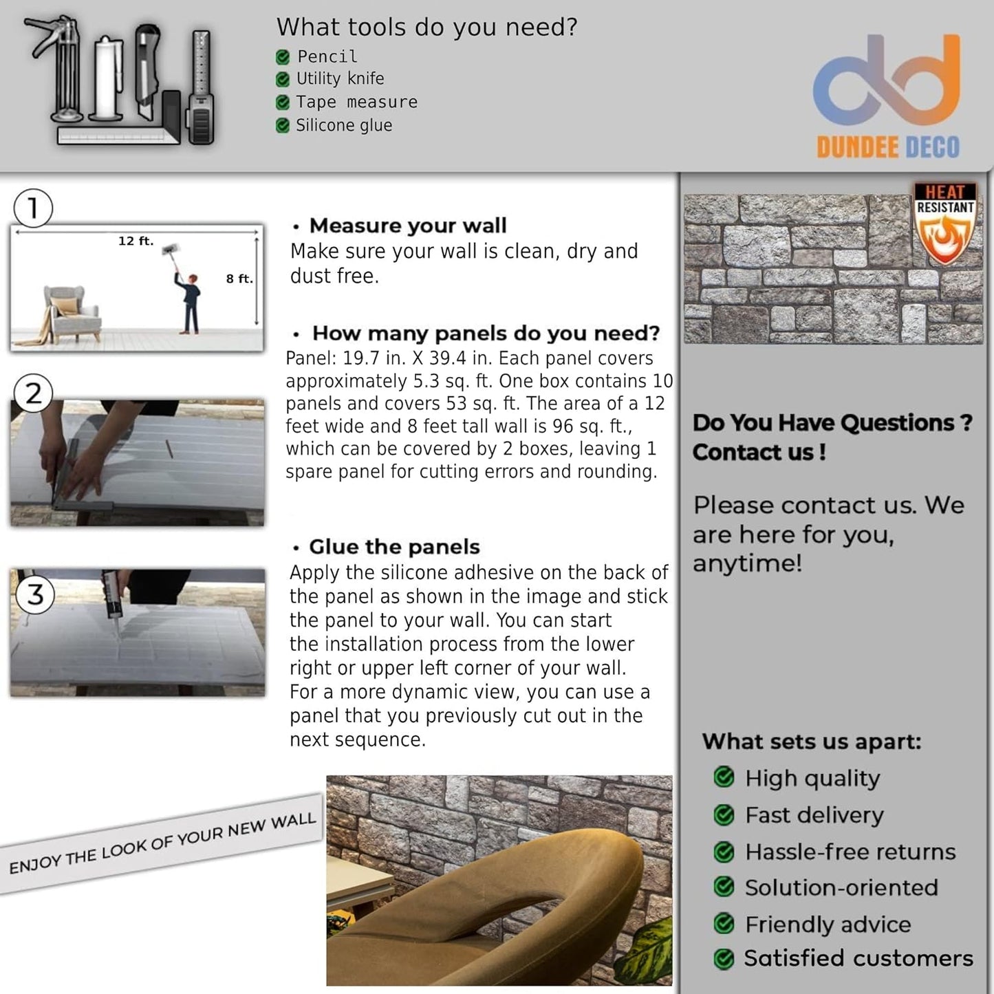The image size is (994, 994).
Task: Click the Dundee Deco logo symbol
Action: [887, 82]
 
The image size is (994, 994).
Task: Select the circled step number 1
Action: [33, 208]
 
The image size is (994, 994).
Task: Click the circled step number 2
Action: [33, 393]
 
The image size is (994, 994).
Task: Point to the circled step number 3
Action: [35, 594]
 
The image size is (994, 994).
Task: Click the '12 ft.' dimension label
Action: [136, 241]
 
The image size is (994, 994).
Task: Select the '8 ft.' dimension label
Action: [239, 279]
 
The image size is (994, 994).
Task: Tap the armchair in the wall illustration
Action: [70, 313]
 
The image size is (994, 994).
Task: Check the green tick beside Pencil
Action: [282, 57]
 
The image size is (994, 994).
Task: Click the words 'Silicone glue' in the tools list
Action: [344, 125]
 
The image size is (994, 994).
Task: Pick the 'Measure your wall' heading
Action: [407, 226]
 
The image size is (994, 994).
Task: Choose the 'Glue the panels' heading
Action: [394, 547]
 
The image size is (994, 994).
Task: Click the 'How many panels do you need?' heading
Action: [486, 333]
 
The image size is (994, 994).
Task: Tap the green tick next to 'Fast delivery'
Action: [724, 815]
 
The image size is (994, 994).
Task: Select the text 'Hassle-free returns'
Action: [850, 852]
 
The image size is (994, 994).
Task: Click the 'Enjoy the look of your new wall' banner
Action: [162, 843]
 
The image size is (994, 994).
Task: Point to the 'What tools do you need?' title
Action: [426, 28]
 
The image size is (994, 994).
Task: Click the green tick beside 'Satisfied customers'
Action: [724, 958]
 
